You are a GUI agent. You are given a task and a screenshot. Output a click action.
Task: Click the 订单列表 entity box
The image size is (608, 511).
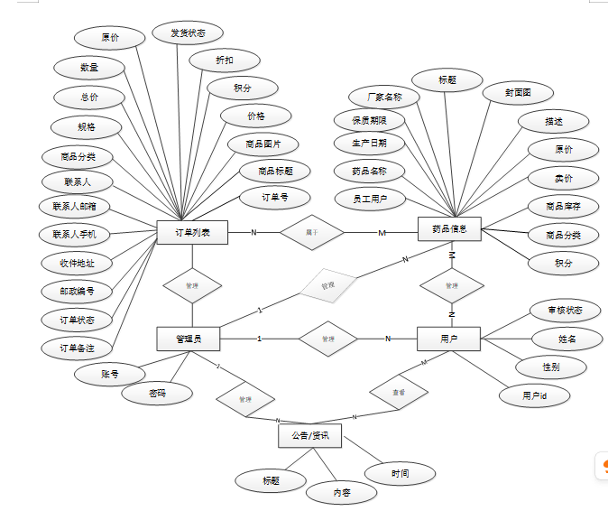(191, 232)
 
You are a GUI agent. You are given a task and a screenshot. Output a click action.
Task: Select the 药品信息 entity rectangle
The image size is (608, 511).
(449, 229)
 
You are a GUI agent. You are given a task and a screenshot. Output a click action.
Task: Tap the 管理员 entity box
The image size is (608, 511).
(189, 339)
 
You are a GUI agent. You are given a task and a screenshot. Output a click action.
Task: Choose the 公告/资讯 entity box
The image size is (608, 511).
(309, 436)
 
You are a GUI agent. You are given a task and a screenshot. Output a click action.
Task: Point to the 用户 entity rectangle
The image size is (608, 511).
(448, 339)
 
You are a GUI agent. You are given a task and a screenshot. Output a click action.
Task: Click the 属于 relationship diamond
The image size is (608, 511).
(312, 232)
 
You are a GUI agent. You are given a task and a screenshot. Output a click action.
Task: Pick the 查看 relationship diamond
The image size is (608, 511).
(398, 393)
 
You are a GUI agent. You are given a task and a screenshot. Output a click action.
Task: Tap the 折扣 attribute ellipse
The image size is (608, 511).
(224, 60)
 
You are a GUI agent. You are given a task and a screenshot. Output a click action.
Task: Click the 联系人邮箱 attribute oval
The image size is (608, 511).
(75, 207)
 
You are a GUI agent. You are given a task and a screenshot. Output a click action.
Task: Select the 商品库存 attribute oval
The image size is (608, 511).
(563, 207)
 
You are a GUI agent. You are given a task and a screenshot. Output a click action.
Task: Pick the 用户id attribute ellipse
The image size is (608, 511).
(534, 395)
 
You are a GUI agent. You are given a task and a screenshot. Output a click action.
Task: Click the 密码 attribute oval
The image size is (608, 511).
(157, 393)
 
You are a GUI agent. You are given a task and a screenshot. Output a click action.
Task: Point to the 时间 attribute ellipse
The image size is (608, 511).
(400, 473)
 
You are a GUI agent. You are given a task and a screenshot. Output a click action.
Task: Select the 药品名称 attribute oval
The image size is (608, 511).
(371, 171)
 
